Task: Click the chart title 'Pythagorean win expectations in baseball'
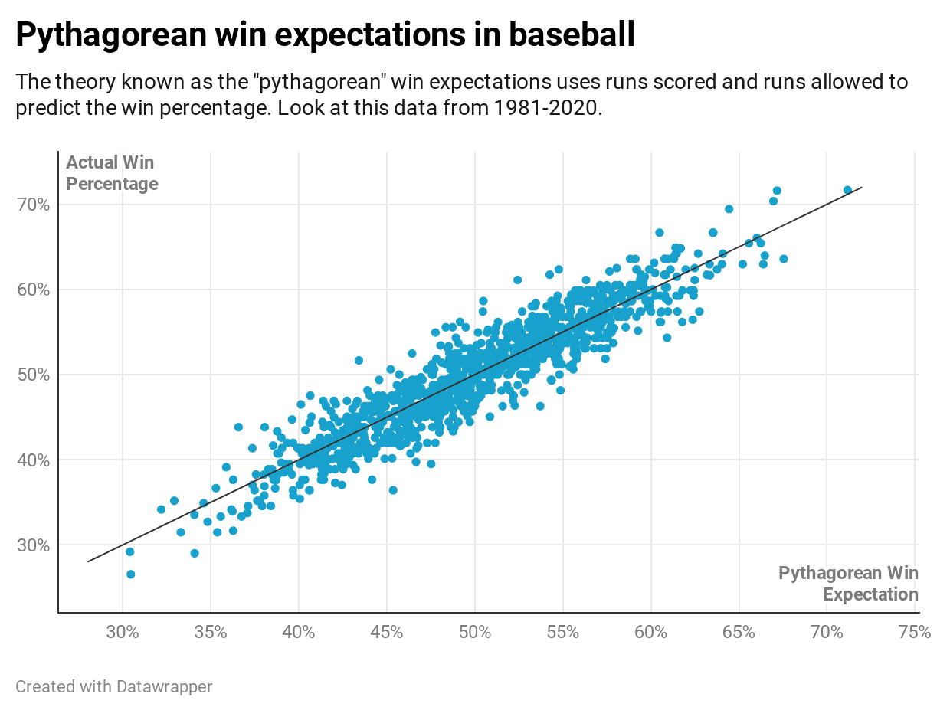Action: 325,35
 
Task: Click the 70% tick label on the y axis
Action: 33,205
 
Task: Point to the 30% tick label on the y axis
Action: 33,545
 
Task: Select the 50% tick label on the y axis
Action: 33,375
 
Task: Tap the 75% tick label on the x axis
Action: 915,633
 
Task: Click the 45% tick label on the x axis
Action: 386,633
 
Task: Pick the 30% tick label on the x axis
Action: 123,633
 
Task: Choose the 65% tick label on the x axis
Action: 739,633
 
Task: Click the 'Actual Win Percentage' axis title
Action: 112,173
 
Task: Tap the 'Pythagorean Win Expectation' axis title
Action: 848,584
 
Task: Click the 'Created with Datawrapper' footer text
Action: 114,686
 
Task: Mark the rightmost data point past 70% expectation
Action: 847,190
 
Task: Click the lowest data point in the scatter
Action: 130,574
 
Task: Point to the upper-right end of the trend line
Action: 862,187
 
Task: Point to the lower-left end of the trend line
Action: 88,561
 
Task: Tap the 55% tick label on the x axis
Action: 562,633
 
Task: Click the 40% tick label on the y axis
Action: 33,460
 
